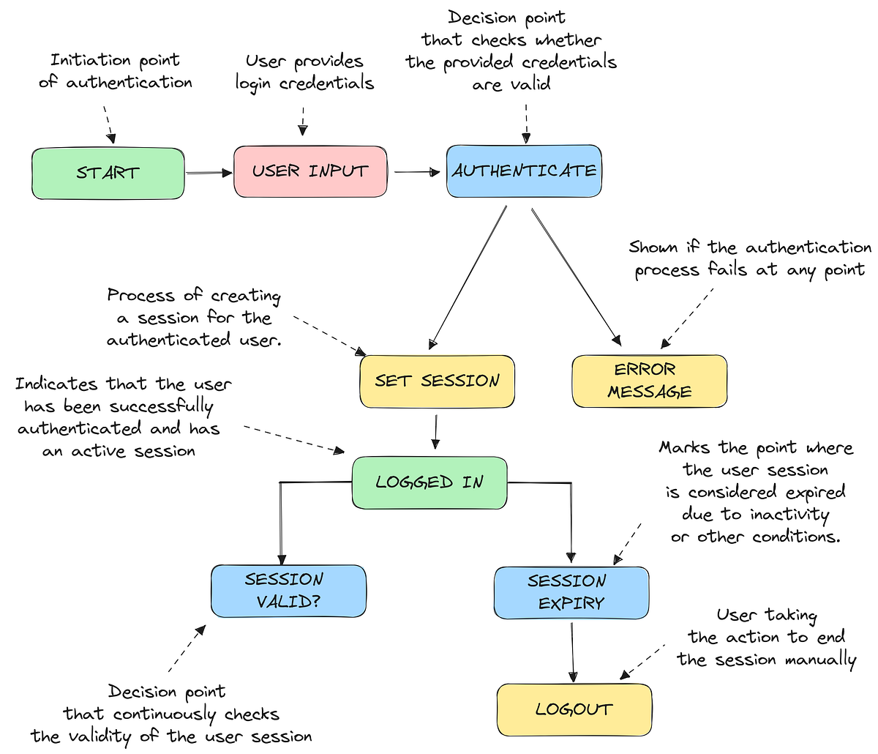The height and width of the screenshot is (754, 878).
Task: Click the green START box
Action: (x=108, y=173)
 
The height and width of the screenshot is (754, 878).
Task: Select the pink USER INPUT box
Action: (x=309, y=171)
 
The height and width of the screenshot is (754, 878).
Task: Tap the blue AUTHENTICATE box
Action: (x=524, y=171)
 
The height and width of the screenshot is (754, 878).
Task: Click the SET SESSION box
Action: (x=437, y=381)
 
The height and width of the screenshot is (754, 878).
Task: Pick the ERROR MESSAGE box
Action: (x=649, y=381)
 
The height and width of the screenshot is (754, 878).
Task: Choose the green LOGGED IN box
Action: (x=429, y=482)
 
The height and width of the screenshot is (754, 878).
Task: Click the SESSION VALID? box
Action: (x=288, y=591)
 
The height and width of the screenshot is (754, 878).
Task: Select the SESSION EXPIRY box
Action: (x=571, y=592)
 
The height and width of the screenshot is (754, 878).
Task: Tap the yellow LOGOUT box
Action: (x=574, y=709)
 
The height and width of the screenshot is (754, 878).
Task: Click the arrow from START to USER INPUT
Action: (x=209, y=173)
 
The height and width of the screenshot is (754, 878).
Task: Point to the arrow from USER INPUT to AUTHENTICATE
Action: (x=416, y=173)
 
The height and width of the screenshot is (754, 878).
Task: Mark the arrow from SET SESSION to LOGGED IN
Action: (x=435, y=432)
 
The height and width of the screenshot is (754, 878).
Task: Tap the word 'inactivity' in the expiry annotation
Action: (x=790, y=514)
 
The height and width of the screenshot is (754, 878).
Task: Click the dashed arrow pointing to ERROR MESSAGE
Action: (x=688, y=316)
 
